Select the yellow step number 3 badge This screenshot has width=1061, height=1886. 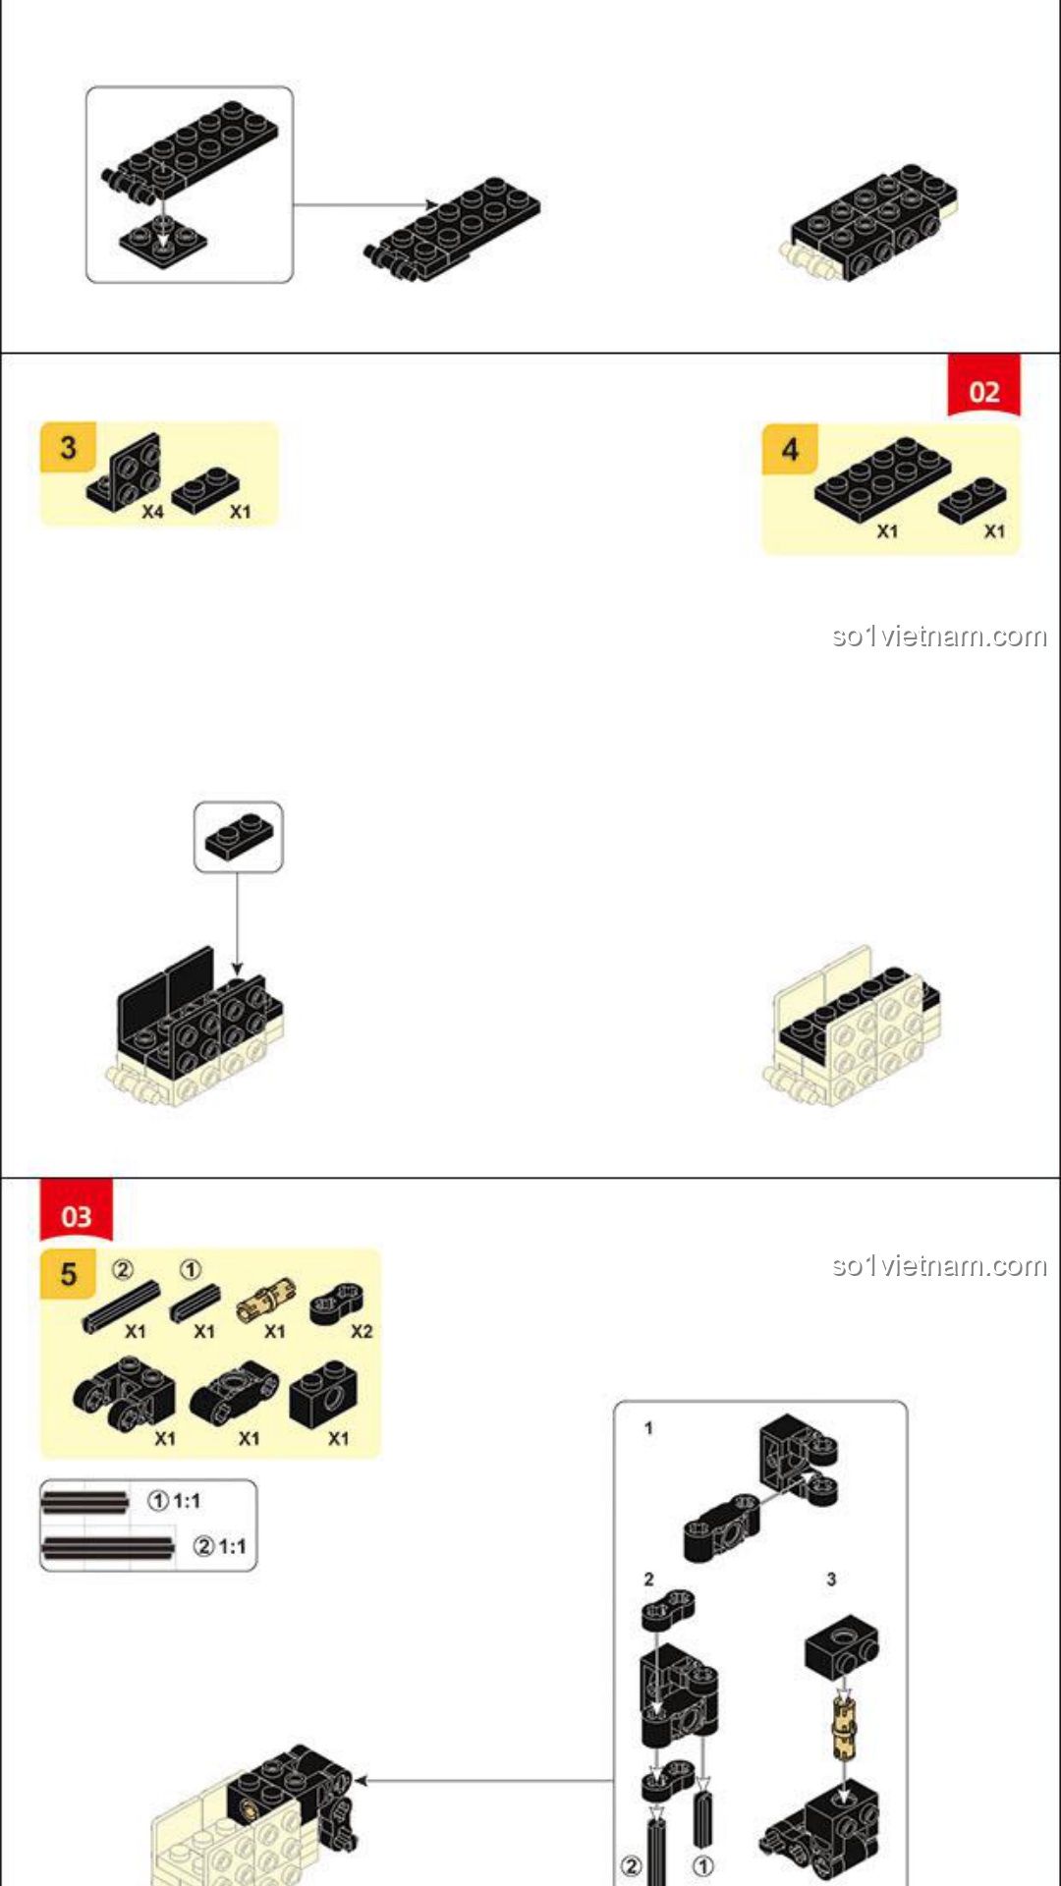coord(68,448)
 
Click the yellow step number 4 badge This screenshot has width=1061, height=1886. coord(790,450)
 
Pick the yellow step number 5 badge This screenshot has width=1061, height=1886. coord(68,1275)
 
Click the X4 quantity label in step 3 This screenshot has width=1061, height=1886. coord(152,512)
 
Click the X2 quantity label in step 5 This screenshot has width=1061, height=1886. coord(362,1332)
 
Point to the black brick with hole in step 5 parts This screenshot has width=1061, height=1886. coord(323,1395)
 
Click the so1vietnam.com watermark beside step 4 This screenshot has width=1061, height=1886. coord(939,637)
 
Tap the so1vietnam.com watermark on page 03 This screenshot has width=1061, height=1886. coord(939,1265)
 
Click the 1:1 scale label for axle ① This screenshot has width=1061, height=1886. coord(187,1501)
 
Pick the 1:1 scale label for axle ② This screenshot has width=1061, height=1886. coord(233,1547)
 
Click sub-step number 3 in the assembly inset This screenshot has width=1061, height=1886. coord(831,1580)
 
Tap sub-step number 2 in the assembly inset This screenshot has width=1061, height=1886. coord(648,1580)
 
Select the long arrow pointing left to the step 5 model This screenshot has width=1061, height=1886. coord(483,1780)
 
